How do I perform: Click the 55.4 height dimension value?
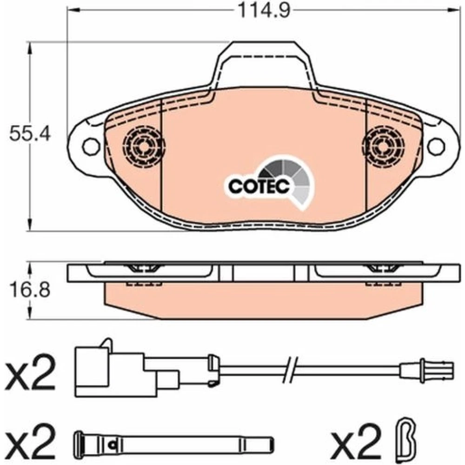pyautogui.click(x=30, y=134)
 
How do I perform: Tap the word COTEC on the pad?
pyautogui.click(x=259, y=186)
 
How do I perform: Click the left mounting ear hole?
pyautogui.click(x=91, y=146)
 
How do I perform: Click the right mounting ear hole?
pyautogui.click(x=436, y=146)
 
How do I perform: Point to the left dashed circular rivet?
pyautogui.click(x=144, y=146)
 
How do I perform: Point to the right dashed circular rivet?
pyautogui.click(x=383, y=146)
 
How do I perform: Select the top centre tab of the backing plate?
pyautogui.click(x=263, y=64)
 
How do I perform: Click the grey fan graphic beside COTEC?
pyautogui.click(x=291, y=181)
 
